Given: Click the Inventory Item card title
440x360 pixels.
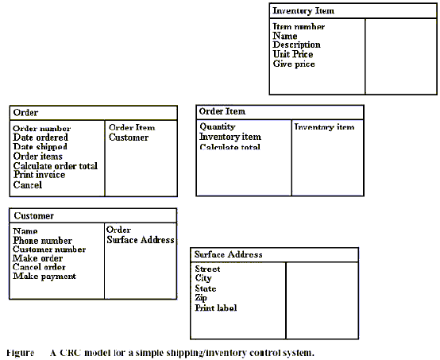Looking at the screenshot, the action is click(303, 10).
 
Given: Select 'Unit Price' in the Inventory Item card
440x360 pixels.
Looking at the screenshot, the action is click(293, 54).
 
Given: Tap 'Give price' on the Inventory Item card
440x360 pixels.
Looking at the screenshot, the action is click(294, 64).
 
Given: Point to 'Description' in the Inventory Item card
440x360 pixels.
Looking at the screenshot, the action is click(296, 45).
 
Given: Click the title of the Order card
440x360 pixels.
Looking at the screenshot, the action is click(25, 113).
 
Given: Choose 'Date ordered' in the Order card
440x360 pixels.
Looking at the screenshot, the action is click(41, 137).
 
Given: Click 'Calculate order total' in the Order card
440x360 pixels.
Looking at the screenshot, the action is click(56, 165).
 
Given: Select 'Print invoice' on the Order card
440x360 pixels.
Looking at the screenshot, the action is click(39, 175).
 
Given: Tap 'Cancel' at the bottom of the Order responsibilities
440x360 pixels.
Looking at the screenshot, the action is click(28, 185).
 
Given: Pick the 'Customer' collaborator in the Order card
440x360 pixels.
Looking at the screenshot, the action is click(129, 137).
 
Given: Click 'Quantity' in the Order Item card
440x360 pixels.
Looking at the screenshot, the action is click(218, 127).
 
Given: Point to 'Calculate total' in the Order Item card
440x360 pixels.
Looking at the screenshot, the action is click(230, 147).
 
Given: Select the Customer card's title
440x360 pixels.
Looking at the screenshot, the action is click(33, 215).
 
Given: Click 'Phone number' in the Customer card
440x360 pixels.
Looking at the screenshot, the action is click(42, 240).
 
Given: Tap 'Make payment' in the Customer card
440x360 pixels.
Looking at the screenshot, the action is click(44, 277).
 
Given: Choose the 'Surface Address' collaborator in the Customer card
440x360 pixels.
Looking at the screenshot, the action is click(141, 240).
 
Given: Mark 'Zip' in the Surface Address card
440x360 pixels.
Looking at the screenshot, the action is click(201, 298).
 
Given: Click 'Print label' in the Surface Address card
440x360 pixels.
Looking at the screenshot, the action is click(216, 308).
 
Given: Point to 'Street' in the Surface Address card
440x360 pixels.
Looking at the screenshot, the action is click(207, 269).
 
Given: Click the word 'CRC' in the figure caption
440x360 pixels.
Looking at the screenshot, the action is click(71, 352).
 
